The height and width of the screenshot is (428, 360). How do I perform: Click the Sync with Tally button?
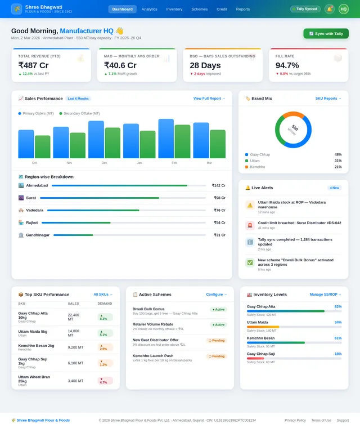[x=326, y=34]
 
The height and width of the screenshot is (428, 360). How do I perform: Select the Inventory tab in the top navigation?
[x=174, y=9]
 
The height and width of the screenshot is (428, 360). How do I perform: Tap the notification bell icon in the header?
[x=330, y=9]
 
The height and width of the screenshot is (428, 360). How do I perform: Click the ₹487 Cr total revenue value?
[x=33, y=65]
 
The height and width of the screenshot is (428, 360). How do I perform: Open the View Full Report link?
[x=209, y=99]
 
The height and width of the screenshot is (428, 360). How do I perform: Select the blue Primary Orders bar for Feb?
[x=166, y=139]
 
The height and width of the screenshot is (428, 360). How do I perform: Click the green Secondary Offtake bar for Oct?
[x=42, y=147]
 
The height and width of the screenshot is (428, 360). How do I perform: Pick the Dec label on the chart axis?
[x=104, y=163]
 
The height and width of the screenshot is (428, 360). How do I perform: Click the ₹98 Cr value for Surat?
[x=219, y=198]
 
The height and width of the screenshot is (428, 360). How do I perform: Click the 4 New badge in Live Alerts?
[x=334, y=188]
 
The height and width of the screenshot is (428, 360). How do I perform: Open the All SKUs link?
[x=103, y=294]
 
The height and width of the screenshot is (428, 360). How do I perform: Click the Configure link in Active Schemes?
[x=217, y=294]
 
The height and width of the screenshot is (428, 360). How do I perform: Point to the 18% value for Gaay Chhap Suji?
[x=338, y=354]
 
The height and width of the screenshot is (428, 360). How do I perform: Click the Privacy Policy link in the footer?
[x=295, y=420]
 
